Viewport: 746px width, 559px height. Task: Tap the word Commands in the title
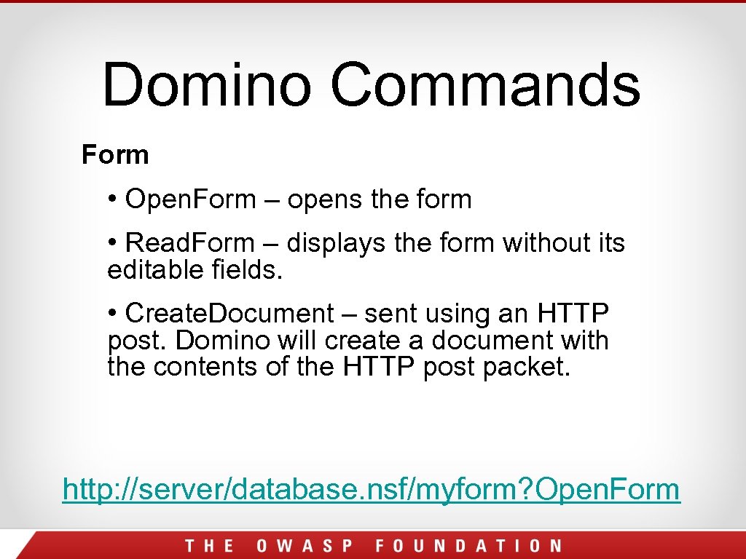(485, 84)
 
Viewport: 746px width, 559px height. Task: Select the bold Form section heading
(115, 155)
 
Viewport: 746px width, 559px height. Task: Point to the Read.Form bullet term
(190, 243)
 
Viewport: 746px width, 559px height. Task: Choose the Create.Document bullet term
(229, 314)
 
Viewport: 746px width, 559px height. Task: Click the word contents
(206, 367)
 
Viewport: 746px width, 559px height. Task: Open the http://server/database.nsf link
(371, 489)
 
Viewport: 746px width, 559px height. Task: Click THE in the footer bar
(209, 546)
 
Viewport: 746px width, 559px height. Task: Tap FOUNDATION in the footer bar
(468, 546)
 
